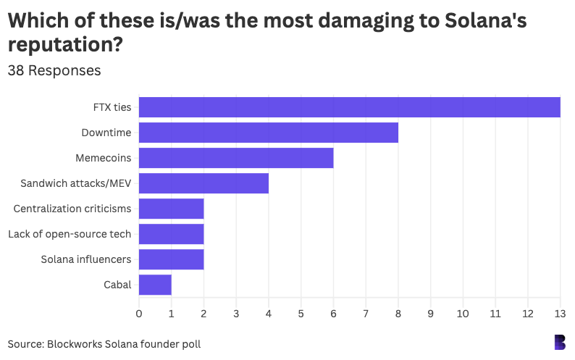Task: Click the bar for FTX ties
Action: tap(349, 107)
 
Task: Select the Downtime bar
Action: tap(268, 133)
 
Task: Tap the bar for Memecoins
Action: tap(235, 158)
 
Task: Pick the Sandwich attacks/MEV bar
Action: tap(203, 183)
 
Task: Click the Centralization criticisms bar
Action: tap(171, 209)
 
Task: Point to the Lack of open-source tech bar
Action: tap(171, 234)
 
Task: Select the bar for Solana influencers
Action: tap(171, 259)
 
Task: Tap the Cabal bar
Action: tap(155, 285)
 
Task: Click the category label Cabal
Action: tap(117, 285)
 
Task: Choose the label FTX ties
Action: tap(112, 107)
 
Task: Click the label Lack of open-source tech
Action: tap(70, 234)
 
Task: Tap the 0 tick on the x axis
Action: tap(139, 313)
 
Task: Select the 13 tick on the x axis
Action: tap(560, 313)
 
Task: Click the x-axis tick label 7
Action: tap(366, 313)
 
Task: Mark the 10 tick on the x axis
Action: tap(463, 313)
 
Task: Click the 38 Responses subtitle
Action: tap(54, 71)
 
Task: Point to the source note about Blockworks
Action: tap(104, 343)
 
